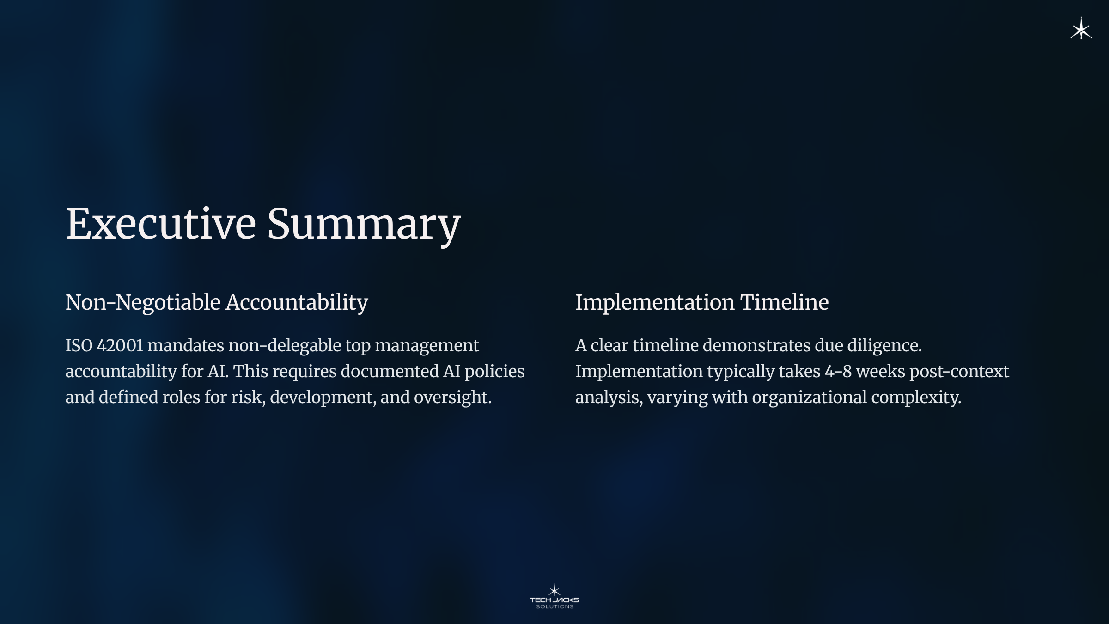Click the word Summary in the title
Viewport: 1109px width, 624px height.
[x=364, y=226]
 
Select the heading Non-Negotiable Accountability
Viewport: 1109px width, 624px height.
[x=217, y=303]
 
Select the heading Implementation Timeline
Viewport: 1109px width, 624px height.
[x=702, y=303]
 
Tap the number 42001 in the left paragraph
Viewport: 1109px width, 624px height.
[x=120, y=346]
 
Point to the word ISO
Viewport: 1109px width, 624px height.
[x=79, y=346]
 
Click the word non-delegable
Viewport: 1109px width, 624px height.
[x=285, y=346]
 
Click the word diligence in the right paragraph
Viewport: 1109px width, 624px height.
[x=884, y=346]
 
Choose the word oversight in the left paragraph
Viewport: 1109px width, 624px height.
[x=452, y=398]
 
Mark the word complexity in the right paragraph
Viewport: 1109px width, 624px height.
[x=916, y=398]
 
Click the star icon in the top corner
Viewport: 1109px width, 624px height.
[x=1081, y=29]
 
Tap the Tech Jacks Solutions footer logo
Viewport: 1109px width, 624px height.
[x=554, y=597]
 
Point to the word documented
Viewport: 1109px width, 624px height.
[x=389, y=372]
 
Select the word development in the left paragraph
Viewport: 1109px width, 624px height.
[x=323, y=398]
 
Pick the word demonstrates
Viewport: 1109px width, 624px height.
[x=756, y=346]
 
